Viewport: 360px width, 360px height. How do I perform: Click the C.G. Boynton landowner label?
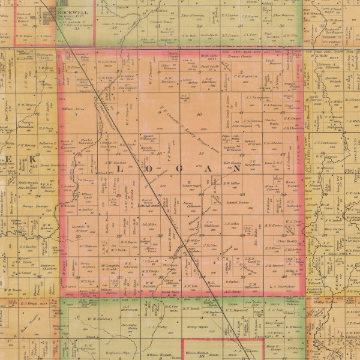pyautogui.click(x=245, y=76)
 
